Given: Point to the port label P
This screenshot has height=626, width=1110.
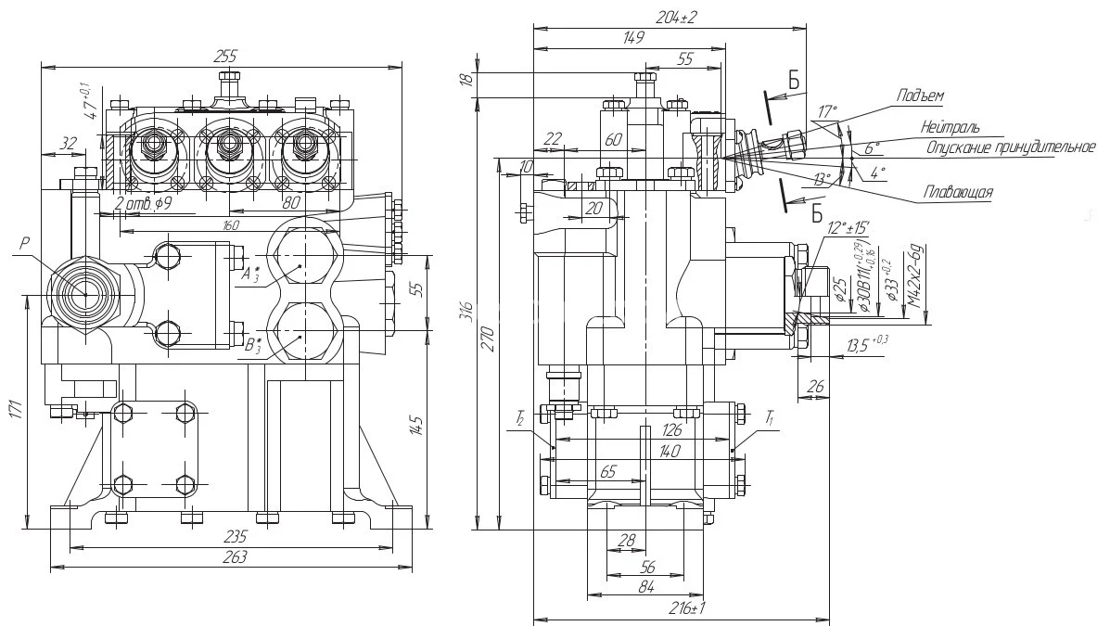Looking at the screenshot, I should point(24,244).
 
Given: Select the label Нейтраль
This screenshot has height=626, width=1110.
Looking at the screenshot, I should point(950,127).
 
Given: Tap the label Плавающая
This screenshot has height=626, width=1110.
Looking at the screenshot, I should point(958,192).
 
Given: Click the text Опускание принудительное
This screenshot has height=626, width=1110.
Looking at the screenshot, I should point(1011,147).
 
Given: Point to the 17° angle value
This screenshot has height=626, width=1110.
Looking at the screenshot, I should point(826,111).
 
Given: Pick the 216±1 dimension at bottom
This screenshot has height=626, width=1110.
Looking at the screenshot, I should point(686,608).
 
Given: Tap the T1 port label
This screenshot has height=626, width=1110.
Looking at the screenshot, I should point(770,419).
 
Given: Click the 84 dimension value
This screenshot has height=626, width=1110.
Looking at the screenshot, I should point(646,586).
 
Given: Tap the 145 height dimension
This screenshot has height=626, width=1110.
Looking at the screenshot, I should point(417,425).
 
